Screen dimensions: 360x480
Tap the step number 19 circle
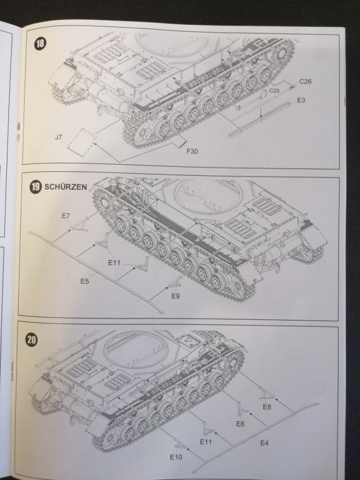click(x=36, y=188)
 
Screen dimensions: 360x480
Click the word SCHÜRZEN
click(x=66, y=188)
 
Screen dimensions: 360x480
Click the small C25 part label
click(x=274, y=90)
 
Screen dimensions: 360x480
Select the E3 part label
click(x=301, y=100)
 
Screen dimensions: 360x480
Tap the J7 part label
click(x=58, y=135)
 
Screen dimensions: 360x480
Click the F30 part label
click(x=193, y=150)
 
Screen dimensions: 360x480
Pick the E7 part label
click(x=66, y=216)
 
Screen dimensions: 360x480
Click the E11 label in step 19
click(x=114, y=262)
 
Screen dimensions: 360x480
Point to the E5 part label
click(x=84, y=281)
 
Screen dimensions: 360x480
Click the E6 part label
click(x=240, y=424)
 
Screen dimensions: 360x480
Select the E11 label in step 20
click(x=206, y=443)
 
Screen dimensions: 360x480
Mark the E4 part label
click(x=264, y=443)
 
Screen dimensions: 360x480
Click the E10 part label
click(x=175, y=457)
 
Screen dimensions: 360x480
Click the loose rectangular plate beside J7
click(x=80, y=141)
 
